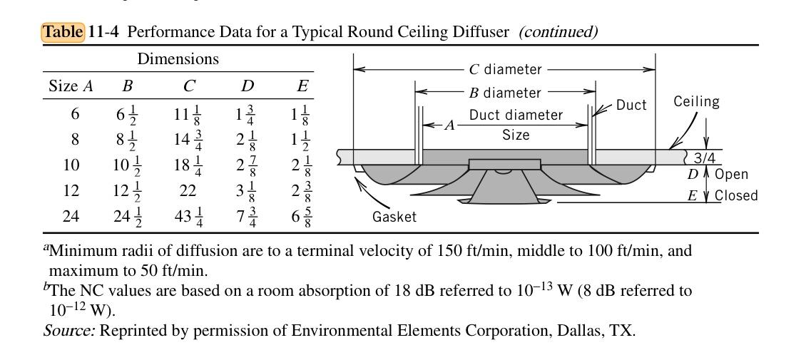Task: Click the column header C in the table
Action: (x=189, y=86)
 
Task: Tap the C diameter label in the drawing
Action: (x=504, y=70)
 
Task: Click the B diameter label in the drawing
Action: (x=504, y=93)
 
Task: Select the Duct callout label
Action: (x=631, y=105)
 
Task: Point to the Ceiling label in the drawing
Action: (x=696, y=102)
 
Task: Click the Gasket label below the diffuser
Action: (x=394, y=217)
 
